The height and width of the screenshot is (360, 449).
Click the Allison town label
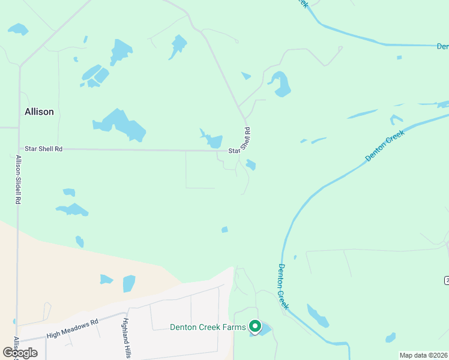(39, 112)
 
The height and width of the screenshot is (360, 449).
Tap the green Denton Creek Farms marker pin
(255, 326)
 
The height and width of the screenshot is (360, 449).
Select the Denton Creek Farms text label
(208, 327)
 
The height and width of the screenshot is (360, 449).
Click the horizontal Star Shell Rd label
(43, 148)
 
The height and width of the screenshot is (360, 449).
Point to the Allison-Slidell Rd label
(19, 181)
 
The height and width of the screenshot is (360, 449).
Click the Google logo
(20, 352)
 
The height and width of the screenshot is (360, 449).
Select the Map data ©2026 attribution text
(424, 355)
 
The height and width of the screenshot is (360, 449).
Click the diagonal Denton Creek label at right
(385, 145)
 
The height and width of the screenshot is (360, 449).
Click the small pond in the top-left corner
(17, 29)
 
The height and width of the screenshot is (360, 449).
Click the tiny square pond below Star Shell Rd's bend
(251, 164)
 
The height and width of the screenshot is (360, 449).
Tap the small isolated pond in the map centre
(224, 229)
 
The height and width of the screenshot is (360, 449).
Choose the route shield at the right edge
(446, 280)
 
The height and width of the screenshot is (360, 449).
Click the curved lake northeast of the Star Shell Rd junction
(280, 83)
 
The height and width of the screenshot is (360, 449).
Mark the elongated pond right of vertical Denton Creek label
(318, 316)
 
